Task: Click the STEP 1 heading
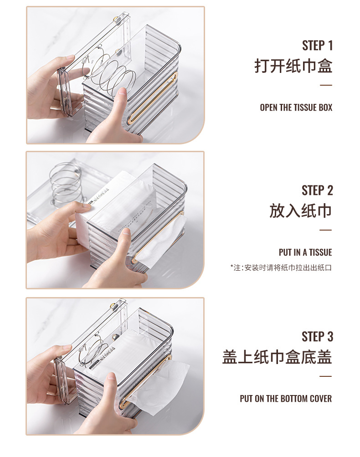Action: [x=317, y=46]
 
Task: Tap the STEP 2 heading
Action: [x=317, y=190]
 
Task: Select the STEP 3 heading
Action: [x=317, y=337]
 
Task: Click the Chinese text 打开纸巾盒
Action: [x=293, y=66]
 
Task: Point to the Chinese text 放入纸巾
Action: [x=300, y=211]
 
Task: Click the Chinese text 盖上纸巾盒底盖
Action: [x=277, y=357]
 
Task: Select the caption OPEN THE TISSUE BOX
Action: [x=296, y=108]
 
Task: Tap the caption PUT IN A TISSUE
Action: [x=305, y=252]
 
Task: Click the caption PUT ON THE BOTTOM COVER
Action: [x=286, y=399]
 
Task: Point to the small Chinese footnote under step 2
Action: [x=281, y=267]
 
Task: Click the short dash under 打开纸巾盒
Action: [x=325, y=85]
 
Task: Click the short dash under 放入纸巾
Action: [x=325, y=230]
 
